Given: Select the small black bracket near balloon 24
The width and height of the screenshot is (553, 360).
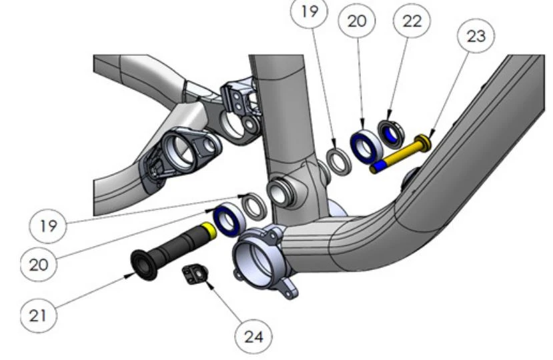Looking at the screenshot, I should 195,273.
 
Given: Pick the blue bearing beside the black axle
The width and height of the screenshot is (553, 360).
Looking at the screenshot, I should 227,219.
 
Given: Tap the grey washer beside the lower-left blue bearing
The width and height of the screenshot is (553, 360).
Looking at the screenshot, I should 253,204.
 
